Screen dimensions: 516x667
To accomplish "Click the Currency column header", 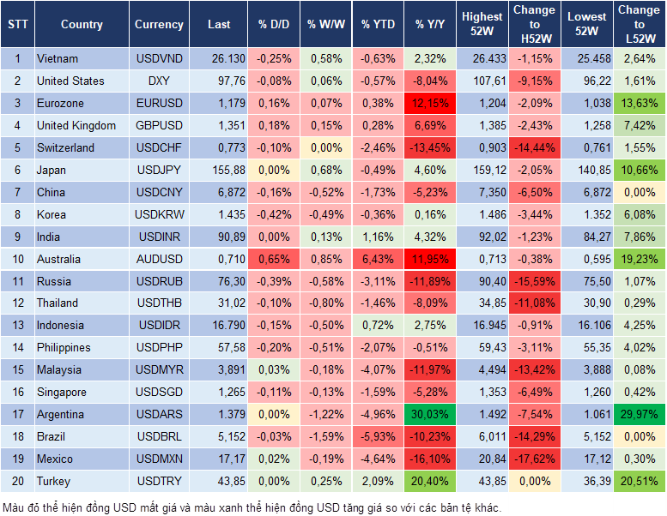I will click(159, 25).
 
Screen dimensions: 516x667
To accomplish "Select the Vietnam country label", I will click(58, 59).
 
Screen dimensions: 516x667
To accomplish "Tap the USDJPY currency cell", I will click(159, 171).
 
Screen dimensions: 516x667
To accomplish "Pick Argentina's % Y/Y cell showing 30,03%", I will click(430, 415).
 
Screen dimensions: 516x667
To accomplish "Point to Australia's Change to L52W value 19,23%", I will click(639, 260).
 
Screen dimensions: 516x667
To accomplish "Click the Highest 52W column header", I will click(482, 24).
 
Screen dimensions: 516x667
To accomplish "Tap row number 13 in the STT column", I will click(17, 326).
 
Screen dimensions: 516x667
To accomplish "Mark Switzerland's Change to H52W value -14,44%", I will click(534, 148).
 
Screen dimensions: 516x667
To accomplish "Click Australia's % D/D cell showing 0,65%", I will click(274, 260).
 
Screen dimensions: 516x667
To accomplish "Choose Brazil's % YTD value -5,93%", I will click(378, 437).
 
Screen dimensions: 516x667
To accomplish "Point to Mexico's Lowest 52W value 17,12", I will click(587, 459).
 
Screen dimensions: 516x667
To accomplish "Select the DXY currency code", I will click(159, 81).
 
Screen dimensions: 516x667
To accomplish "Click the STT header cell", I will click(17, 25).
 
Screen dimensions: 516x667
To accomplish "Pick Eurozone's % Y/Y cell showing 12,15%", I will click(430, 104).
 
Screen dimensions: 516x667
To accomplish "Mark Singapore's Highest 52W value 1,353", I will click(482, 393).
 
